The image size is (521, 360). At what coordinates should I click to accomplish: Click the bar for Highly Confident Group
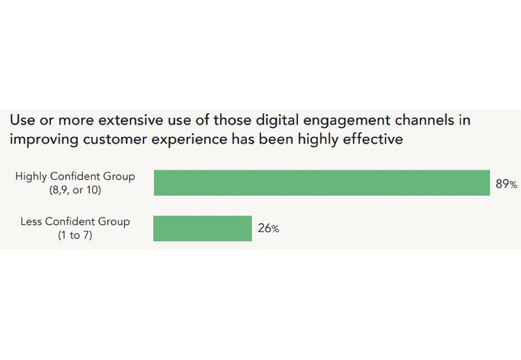click(x=322, y=183)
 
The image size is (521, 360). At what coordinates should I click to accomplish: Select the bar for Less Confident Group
click(x=203, y=228)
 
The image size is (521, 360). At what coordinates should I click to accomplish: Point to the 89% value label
click(x=506, y=184)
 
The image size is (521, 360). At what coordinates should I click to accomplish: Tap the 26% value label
click(x=268, y=228)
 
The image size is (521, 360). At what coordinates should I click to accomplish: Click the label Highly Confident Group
click(x=75, y=177)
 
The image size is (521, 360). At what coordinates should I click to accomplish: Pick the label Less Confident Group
click(x=75, y=222)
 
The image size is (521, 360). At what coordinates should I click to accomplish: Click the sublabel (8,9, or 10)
click(x=75, y=190)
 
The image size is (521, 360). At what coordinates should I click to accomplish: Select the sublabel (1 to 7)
click(x=75, y=235)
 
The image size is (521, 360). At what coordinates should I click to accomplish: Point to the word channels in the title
click(x=424, y=121)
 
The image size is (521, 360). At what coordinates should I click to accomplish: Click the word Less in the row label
click(x=31, y=222)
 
